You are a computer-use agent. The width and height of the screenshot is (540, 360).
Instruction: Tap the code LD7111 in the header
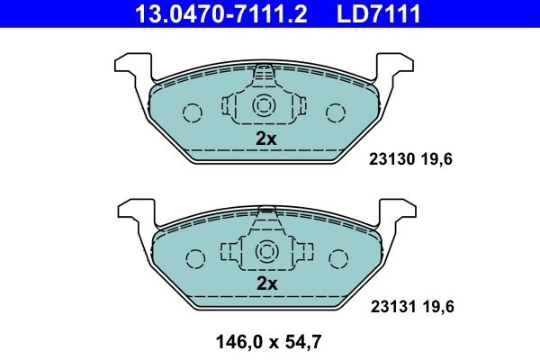378,13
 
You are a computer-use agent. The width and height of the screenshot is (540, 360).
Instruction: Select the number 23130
391,160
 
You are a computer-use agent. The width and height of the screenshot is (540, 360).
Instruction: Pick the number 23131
391,307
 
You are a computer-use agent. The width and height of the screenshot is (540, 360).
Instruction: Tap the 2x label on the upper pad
265,139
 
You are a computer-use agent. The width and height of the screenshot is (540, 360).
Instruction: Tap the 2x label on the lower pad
265,283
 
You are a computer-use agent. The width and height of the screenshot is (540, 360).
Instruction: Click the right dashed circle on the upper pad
336,112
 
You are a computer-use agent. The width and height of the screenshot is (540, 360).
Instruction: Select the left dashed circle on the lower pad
193,257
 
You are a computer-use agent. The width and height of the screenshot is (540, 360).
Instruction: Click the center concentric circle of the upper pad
265,105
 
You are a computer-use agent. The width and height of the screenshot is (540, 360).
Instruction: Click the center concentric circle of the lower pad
265,251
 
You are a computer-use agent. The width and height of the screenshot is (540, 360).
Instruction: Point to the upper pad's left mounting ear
131,67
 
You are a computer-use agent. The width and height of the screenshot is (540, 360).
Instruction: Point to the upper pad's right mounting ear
397,67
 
